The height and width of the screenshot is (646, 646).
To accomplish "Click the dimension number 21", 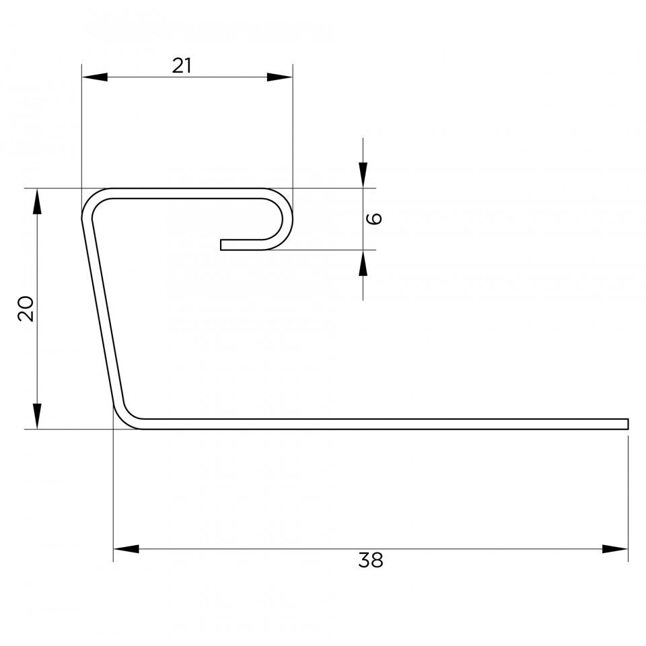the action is (x=182, y=66).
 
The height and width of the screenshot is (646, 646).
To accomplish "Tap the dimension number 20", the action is (x=26, y=308).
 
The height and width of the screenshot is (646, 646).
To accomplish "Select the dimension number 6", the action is (x=374, y=218).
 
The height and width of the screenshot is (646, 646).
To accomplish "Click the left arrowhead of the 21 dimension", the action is (x=95, y=77).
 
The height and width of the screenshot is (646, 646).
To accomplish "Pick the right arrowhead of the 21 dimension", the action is (x=280, y=77).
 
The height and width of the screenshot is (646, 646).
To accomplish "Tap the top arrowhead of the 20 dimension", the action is (x=37, y=201).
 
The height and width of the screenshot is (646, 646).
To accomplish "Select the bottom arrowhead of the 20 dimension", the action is (x=37, y=416).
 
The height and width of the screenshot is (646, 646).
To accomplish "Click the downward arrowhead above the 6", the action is (x=363, y=175).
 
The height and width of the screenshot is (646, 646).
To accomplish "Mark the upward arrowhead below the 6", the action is (x=363, y=263).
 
